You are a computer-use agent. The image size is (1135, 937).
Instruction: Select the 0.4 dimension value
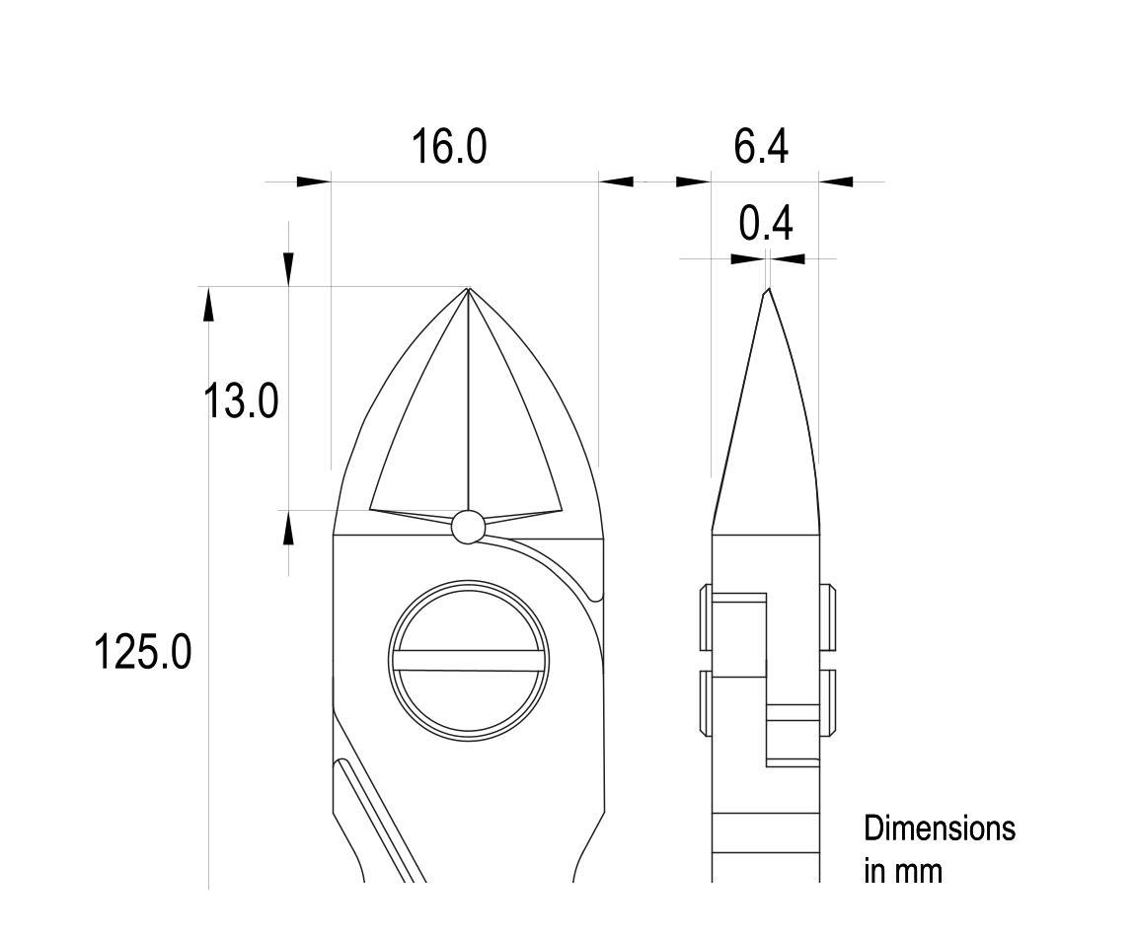pos(766,224)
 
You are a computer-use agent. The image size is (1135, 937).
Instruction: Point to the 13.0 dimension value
pos(241,401)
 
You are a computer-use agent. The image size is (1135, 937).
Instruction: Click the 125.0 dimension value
pos(142,651)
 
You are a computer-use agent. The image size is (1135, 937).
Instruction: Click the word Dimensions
pos(940,828)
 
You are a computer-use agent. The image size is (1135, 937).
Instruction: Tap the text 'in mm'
pos(903,871)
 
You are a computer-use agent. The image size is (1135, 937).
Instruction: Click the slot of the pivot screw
pos(469,661)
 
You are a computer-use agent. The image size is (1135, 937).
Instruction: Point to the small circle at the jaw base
pos(468,526)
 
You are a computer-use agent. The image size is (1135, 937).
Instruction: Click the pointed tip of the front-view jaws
pos(469,288)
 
